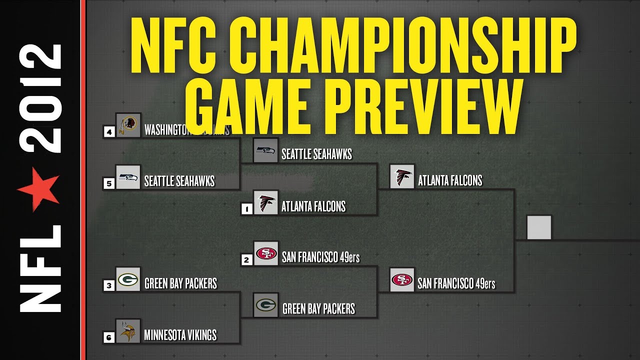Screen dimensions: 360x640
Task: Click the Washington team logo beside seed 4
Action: pyautogui.click(x=128, y=125)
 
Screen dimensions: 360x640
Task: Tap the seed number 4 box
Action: pyautogui.click(x=108, y=132)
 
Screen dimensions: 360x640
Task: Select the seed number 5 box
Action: pyautogui.click(x=108, y=183)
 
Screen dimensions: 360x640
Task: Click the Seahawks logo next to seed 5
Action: pyautogui.click(x=128, y=177)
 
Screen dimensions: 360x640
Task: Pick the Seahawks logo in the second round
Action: pyautogui.click(x=265, y=150)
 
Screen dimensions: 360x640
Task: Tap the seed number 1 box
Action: pyautogui.click(x=246, y=209)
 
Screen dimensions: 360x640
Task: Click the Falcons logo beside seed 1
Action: pyautogui.click(x=265, y=202)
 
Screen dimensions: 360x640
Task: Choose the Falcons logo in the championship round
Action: pyautogui.click(x=402, y=176)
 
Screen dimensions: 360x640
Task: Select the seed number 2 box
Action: pyautogui.click(x=246, y=260)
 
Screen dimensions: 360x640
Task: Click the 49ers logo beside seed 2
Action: pyautogui.click(x=265, y=253)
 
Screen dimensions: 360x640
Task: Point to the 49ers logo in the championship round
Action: pyautogui.click(x=402, y=280)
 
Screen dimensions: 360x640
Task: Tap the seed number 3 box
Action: pyautogui.click(x=109, y=285)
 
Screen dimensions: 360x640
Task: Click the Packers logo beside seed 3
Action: pyautogui.click(x=128, y=279)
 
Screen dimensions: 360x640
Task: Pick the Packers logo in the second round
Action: pyautogui.click(x=265, y=305)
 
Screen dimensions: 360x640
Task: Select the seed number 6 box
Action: pyautogui.click(x=109, y=337)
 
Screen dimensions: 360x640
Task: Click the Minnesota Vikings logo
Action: pyautogui.click(x=128, y=331)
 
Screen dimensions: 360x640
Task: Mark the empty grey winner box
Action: pyautogui.click(x=539, y=227)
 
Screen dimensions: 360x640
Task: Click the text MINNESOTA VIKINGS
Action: pyautogui.click(x=180, y=334)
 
